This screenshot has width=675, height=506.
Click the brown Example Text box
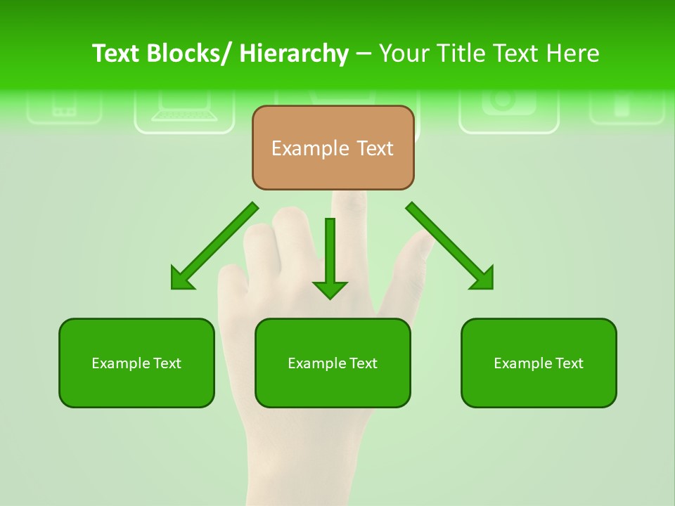tap(333, 148)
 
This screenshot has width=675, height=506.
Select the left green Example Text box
tap(136, 363)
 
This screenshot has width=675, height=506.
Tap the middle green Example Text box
tap(333, 363)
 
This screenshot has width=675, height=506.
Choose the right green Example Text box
tap(539, 363)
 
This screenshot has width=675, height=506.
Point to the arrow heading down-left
tap(214, 246)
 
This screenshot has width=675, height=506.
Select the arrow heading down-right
tap(450, 246)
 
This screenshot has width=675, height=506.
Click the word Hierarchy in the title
tap(294, 53)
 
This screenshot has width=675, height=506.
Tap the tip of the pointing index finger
tap(351, 197)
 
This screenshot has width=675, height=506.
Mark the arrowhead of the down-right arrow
tap(482, 278)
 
